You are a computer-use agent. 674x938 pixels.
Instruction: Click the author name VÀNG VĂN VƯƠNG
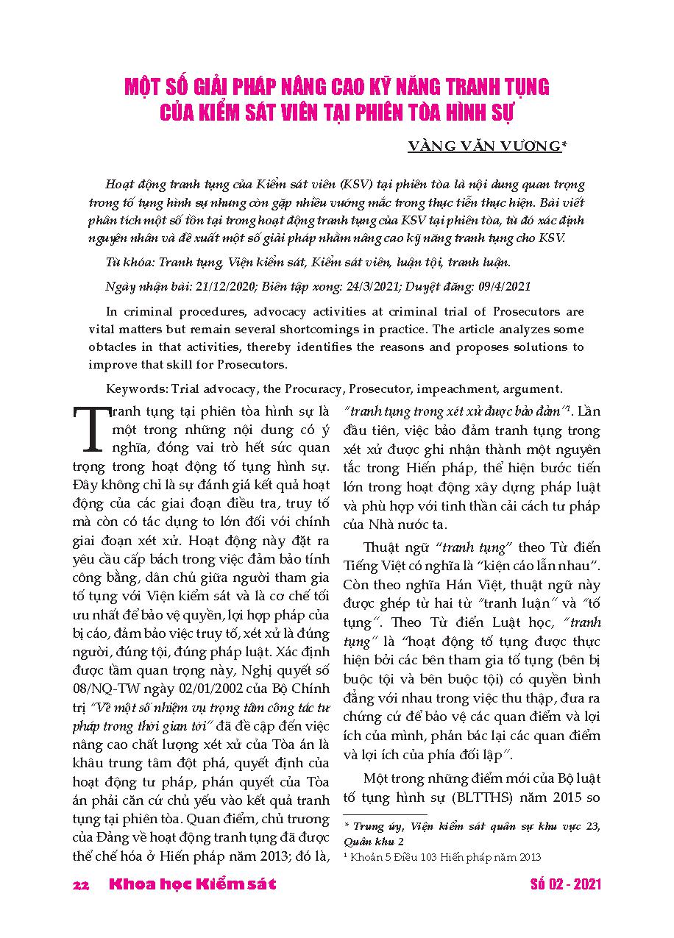483,146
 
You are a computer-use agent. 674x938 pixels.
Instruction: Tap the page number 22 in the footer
81,885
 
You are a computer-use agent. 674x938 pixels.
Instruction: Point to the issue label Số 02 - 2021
565,884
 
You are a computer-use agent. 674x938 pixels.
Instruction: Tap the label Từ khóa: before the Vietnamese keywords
130,261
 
